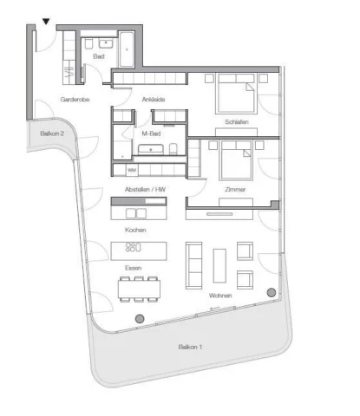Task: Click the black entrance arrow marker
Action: click(46, 22)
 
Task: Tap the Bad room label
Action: click(99, 56)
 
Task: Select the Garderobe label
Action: click(75, 100)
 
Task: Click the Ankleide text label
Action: click(154, 100)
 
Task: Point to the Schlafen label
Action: click(237, 122)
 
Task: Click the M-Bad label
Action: click(151, 133)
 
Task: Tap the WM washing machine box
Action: click(132, 170)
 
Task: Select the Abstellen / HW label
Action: click(145, 190)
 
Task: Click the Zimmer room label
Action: click(235, 190)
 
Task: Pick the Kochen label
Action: click(135, 230)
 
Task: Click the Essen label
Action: click(134, 268)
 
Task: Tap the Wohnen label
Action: click(220, 296)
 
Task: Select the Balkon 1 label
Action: click(190, 347)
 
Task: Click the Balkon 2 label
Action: click(52, 133)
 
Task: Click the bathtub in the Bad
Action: click(127, 49)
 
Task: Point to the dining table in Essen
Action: click(139, 289)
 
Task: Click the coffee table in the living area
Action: click(219, 266)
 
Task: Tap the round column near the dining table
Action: click(140, 319)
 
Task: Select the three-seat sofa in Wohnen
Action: click(193, 266)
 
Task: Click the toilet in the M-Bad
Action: click(173, 149)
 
